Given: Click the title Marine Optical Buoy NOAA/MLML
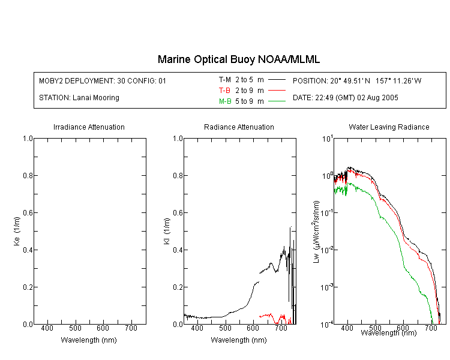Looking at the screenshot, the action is coord(238,60).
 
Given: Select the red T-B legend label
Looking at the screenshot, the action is coord(224,91).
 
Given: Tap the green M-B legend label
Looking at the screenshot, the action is coord(225,101).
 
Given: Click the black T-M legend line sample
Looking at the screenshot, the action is coord(277,80).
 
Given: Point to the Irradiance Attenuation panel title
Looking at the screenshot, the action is coord(89,127).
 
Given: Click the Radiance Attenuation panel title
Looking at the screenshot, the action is coord(239,127).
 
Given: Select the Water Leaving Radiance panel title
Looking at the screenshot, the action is coord(389,127).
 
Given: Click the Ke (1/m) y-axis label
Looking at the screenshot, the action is coord(17,231).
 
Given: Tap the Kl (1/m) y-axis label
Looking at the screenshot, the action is coord(167,231).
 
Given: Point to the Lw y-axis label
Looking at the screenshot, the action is coord(316,232).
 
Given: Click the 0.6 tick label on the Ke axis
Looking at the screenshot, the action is coord(28,213).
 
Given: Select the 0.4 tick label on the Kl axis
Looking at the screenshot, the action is coord(178,250).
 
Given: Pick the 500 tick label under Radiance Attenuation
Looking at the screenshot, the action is coord(225,328).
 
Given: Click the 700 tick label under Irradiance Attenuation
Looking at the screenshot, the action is coord(131,328).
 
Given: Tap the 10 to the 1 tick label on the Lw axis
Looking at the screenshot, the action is coord(328,139).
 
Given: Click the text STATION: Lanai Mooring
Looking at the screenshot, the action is coord(79,98).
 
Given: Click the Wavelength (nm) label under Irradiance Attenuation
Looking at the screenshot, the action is coord(89,340).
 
